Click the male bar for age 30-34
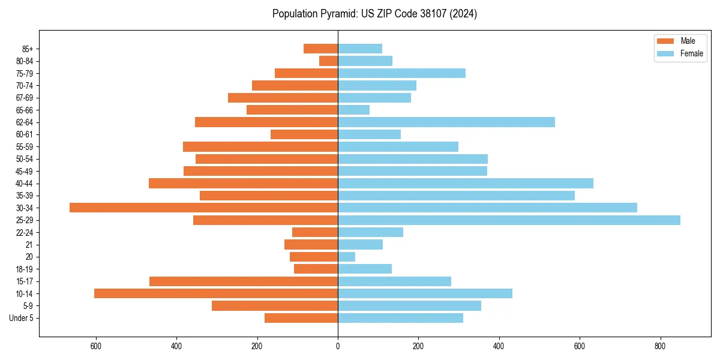[204, 208]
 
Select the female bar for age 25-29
[509, 220]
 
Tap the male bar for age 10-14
[216, 293]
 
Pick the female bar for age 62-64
[446, 122]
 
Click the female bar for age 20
[347, 257]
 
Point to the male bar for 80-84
[329, 61]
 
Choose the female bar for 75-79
[402, 73]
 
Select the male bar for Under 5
[301, 318]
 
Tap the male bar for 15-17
[244, 281]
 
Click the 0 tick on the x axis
[338, 346]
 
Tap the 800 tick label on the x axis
[660, 346]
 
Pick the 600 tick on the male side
[96, 346]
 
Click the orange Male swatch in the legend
[665, 41]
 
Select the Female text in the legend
[692, 53]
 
